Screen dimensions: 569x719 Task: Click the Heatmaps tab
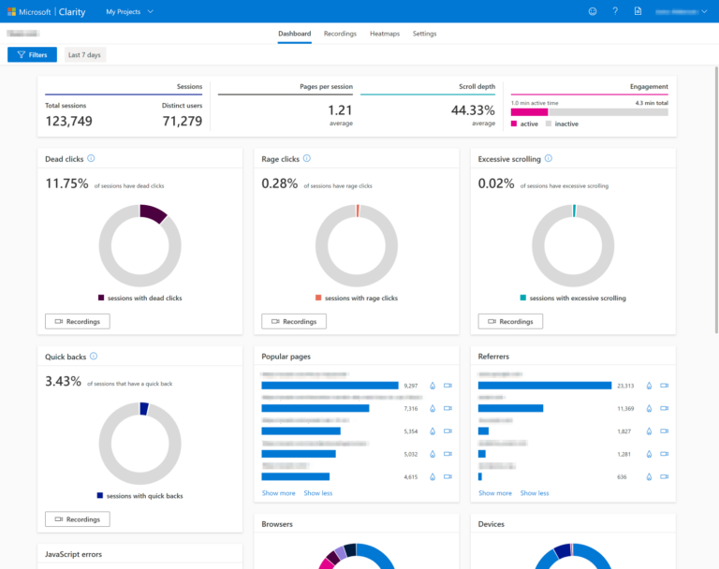384,34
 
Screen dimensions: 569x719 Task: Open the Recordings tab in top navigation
340,34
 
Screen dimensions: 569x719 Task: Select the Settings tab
424,34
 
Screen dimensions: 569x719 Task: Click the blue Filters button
32,55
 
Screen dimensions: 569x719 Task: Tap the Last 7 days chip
84,55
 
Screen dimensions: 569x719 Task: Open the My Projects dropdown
129,11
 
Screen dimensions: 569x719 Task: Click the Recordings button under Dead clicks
78,321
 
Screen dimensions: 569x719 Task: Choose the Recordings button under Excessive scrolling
510,321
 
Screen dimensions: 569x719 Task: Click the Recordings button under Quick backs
78,518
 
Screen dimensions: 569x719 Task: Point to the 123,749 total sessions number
68,121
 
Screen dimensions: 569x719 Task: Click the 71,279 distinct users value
182,121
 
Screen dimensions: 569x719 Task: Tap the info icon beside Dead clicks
91,159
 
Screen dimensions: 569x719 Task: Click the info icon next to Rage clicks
307,159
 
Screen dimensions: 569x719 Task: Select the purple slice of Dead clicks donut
153,213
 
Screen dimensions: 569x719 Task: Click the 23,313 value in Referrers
625,386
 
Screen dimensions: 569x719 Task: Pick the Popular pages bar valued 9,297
330,386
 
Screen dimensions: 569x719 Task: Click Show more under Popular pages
278,493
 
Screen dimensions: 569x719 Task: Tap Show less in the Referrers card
535,493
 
